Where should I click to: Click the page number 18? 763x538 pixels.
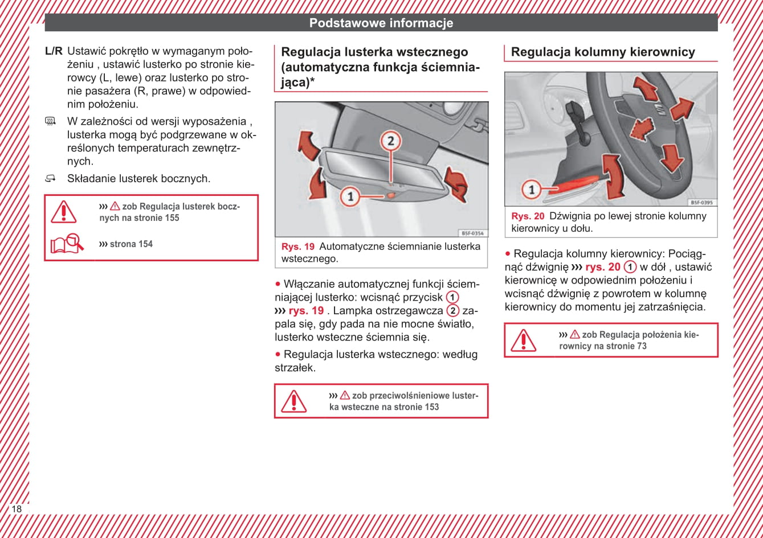pos(17,508)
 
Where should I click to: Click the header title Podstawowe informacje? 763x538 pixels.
pos(381,23)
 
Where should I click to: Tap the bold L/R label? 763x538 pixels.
pos(54,51)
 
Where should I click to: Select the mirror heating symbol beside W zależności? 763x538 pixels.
pos(51,121)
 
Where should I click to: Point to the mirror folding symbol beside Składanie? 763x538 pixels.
pos(51,179)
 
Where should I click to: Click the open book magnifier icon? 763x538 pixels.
pos(67,244)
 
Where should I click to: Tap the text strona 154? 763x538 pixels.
pos(131,244)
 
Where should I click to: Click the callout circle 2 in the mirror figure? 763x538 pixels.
pos(390,140)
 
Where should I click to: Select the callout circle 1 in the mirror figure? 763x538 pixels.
pos(350,197)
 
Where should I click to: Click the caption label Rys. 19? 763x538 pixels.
pos(298,247)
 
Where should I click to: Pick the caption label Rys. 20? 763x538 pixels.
pos(528,216)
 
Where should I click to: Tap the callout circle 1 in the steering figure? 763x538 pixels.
pos(531,189)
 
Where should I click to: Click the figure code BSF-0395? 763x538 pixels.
pos(701,202)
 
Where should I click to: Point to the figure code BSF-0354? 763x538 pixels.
pos(472,233)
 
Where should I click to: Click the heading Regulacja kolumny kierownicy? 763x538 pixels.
pos(603,52)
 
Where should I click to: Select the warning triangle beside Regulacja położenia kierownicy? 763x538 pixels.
pos(523,340)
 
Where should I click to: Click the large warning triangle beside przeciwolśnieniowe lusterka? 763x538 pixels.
pos(293,401)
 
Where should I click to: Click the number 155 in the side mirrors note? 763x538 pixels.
pos(172,217)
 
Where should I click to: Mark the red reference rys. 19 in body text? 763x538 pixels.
pos(306,311)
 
